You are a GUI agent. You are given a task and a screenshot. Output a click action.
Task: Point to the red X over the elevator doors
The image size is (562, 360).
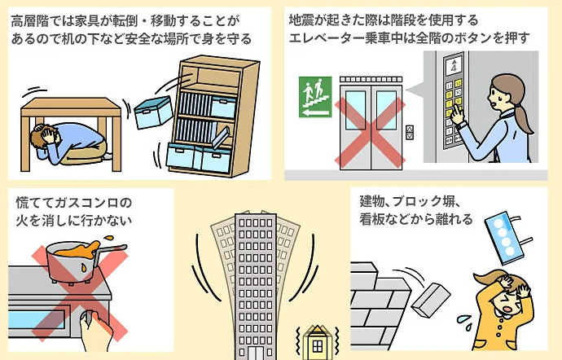tap(371, 130)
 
